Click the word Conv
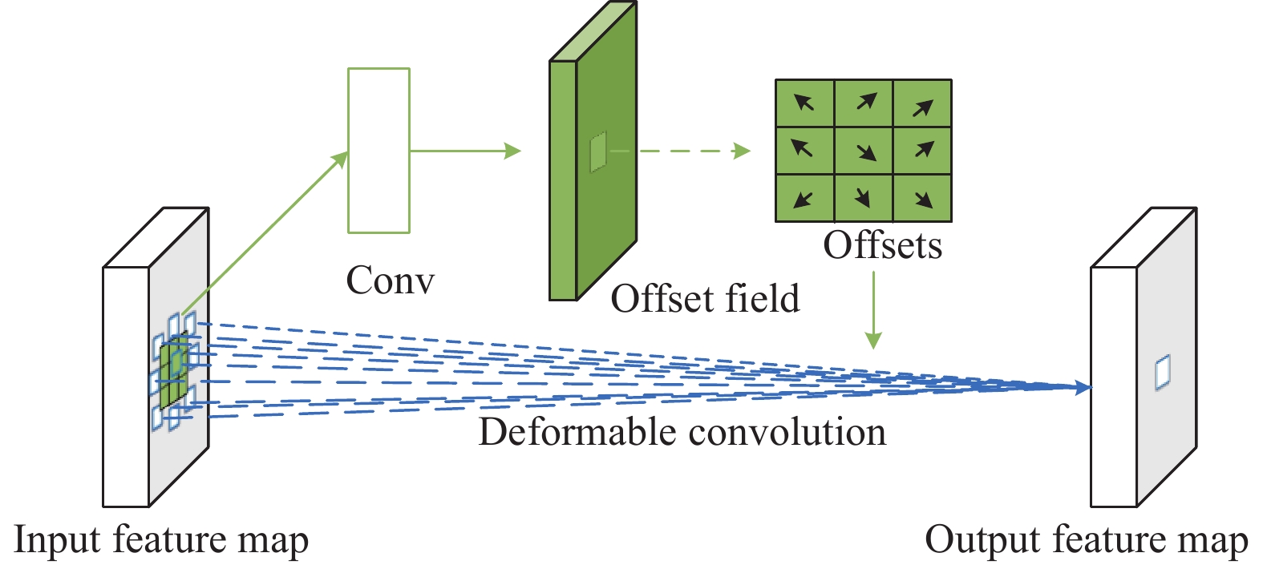(391, 280)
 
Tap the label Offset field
(706, 298)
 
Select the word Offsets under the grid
(882, 245)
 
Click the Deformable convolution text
(682, 432)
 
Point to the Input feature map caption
(160, 539)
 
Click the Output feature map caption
(1087, 539)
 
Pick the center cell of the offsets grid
(864, 151)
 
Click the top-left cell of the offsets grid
(805, 103)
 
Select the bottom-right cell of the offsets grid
(922, 198)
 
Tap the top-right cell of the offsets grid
(922, 103)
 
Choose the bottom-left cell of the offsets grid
(805, 198)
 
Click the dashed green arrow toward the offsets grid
(694, 151)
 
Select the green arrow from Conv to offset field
(466, 151)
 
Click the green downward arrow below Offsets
(873, 310)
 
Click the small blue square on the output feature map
(1163, 373)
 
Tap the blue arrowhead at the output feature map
(1083, 388)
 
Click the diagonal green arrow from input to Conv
(265, 232)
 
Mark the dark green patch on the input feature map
(174, 373)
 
